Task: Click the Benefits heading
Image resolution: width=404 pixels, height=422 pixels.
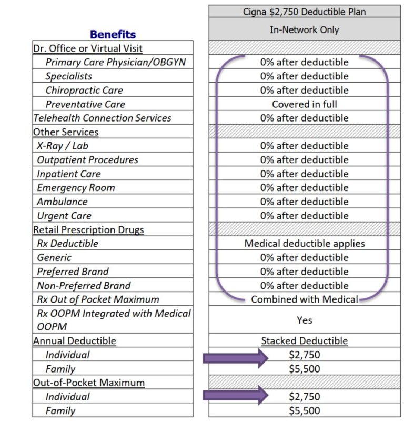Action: pyautogui.click(x=113, y=35)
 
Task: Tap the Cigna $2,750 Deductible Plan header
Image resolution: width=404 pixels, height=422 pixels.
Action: pyautogui.click(x=305, y=12)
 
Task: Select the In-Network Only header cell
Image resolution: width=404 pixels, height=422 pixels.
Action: pyautogui.click(x=305, y=30)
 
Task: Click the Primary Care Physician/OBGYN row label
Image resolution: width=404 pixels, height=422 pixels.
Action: pyautogui.click(x=116, y=62)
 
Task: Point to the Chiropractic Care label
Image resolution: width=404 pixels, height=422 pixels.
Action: pyautogui.click(x=84, y=90)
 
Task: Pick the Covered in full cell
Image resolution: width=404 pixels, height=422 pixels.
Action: pyautogui.click(x=305, y=104)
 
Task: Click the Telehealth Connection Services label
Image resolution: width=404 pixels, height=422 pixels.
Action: pyautogui.click(x=103, y=118)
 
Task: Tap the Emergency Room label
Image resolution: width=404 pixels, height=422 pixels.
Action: pyautogui.click(x=76, y=187)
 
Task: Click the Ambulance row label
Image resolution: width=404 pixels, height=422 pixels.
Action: pyautogui.click(x=62, y=202)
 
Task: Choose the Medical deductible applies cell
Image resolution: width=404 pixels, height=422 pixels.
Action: pyautogui.click(x=305, y=244)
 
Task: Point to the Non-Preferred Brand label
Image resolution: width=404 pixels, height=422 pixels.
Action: pyautogui.click(x=84, y=285)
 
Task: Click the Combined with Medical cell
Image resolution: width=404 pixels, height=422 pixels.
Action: pyautogui.click(x=305, y=299)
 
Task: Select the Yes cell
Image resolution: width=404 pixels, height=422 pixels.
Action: pyautogui.click(x=305, y=320)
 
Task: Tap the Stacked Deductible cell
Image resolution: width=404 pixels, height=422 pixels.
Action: pyautogui.click(x=305, y=341)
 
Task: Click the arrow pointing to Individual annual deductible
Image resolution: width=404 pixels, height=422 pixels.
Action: pyautogui.click(x=235, y=358)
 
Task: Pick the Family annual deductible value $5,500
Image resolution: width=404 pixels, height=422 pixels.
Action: pyautogui.click(x=305, y=369)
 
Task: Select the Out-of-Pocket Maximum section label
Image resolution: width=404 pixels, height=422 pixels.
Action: pyautogui.click(x=89, y=383)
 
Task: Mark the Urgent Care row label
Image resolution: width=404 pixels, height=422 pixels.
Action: pyautogui.click(x=64, y=216)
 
